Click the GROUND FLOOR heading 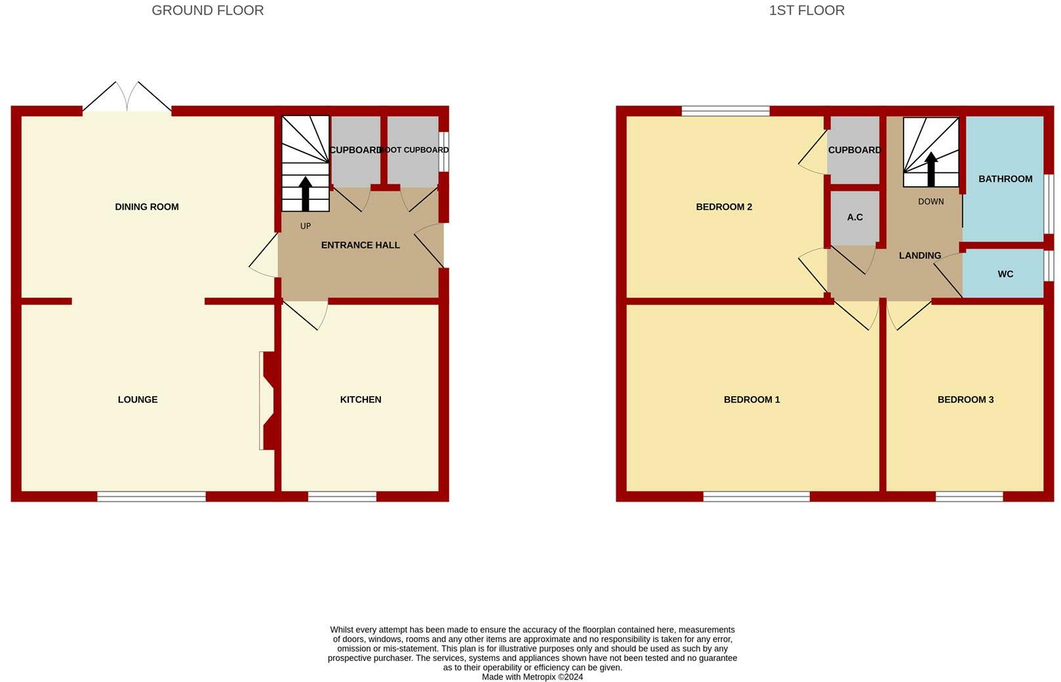click(208, 10)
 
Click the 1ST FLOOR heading click(807, 10)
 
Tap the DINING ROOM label click(147, 207)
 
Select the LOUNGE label click(138, 399)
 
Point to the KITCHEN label click(361, 399)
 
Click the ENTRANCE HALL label click(361, 245)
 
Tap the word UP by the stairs click(306, 226)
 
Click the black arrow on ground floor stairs click(306, 193)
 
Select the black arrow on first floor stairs click(931, 169)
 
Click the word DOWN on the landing click(931, 201)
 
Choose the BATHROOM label click(1005, 179)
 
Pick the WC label click(1005, 274)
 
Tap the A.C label click(855, 217)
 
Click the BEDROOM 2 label click(724, 207)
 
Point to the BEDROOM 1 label click(752, 399)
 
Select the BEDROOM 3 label click(966, 399)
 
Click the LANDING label click(920, 256)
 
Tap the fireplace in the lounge click(269, 401)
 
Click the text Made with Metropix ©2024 click(532, 677)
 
